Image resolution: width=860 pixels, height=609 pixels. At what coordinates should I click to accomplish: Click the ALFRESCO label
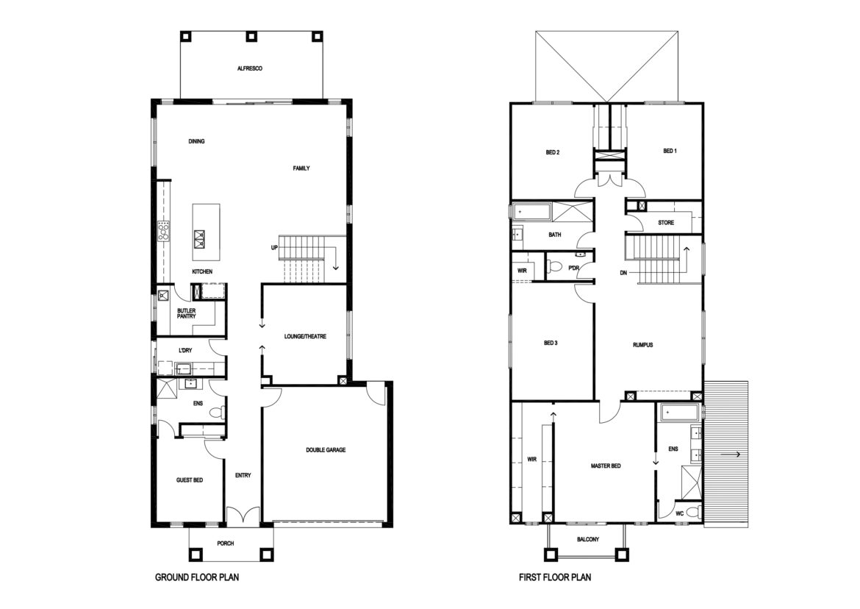click(250, 68)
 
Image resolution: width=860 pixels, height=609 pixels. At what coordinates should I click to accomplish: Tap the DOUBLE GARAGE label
click(326, 450)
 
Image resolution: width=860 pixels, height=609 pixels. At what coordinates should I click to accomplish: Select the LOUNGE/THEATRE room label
click(305, 336)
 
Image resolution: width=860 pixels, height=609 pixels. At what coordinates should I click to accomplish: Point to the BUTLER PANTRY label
click(187, 313)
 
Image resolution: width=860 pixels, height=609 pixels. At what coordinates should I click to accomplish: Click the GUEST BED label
click(190, 480)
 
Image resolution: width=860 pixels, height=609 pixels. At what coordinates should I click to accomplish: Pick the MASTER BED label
click(606, 466)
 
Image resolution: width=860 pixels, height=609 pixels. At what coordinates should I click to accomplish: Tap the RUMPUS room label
click(643, 345)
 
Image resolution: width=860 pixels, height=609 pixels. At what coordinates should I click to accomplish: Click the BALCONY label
click(588, 539)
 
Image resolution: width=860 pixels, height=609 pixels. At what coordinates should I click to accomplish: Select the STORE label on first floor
click(666, 223)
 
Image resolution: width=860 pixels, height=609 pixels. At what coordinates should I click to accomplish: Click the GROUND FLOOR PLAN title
click(197, 577)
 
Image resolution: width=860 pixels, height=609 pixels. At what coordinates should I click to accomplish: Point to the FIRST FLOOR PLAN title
click(555, 577)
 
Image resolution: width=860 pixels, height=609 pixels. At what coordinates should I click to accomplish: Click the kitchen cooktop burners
click(164, 231)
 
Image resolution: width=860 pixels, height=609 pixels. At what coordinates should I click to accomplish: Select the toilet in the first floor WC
click(692, 513)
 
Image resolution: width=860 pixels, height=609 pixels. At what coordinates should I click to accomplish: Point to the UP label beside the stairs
click(274, 248)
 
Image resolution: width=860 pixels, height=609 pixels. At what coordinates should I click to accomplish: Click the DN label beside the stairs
click(623, 273)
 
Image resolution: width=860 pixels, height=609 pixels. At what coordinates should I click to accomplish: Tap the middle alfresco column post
click(251, 36)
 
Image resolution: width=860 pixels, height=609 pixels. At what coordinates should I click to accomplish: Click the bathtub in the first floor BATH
click(531, 211)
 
